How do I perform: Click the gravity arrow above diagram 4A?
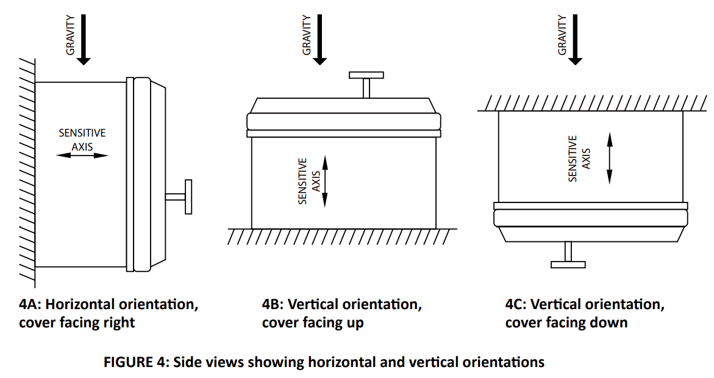click(84, 40)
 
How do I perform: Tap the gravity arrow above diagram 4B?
click(320, 40)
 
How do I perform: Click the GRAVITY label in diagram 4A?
click(71, 35)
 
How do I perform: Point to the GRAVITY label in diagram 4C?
click(562, 35)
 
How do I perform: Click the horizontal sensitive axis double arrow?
click(82, 155)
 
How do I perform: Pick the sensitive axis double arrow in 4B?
click(325, 181)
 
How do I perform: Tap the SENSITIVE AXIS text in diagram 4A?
click(82, 139)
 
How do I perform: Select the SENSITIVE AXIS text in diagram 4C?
click(579, 159)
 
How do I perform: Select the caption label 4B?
click(274, 304)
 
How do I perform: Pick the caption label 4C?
click(518, 304)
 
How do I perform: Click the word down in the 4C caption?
click(610, 323)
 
